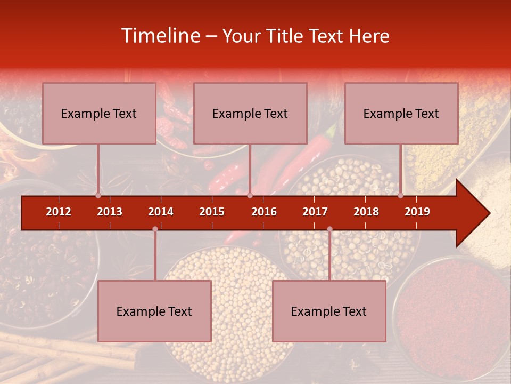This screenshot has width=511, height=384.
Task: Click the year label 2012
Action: (x=59, y=212)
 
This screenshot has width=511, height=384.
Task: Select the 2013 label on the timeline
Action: (x=110, y=212)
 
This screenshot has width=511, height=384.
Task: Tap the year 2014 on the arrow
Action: (x=161, y=212)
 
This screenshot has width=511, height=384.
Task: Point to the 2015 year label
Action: (x=212, y=212)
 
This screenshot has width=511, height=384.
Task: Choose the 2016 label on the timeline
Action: (x=264, y=212)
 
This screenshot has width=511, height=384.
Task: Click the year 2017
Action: (x=315, y=212)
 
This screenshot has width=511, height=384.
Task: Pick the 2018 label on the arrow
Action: (x=366, y=212)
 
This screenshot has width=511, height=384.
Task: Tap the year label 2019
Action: (x=417, y=212)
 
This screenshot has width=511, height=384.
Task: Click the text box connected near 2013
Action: (x=99, y=113)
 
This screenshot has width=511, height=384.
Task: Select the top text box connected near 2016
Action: (x=250, y=113)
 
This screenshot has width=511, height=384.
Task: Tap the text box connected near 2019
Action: (x=401, y=113)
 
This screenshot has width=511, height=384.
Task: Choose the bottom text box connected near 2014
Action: (x=154, y=311)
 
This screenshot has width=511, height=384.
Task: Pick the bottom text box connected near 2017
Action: (x=329, y=311)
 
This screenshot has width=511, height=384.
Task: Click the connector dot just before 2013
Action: (x=98, y=196)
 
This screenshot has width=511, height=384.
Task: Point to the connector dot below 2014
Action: (x=155, y=229)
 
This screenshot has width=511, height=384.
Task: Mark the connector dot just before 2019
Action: (x=400, y=196)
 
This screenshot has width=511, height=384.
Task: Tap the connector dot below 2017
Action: (x=329, y=229)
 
